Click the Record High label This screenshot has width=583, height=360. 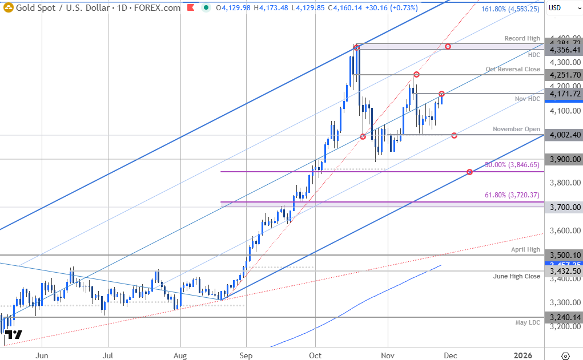[x=522, y=38]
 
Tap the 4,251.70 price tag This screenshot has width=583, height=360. [x=563, y=75]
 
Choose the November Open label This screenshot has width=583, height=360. [x=516, y=129]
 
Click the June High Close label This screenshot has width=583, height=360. [x=517, y=276]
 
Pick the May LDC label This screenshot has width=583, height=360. [x=527, y=323]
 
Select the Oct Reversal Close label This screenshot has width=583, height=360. [x=513, y=69]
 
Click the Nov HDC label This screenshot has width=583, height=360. [x=527, y=99]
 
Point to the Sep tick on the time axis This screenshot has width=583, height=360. [x=246, y=355]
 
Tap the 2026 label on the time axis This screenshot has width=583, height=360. [x=522, y=355]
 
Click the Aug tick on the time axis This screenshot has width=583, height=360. [x=180, y=355]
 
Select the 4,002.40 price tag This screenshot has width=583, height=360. [x=563, y=135]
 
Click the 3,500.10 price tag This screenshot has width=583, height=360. [x=563, y=255]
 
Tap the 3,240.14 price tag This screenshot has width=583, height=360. [x=563, y=318]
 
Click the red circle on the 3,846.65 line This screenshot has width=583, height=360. [x=469, y=172]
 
